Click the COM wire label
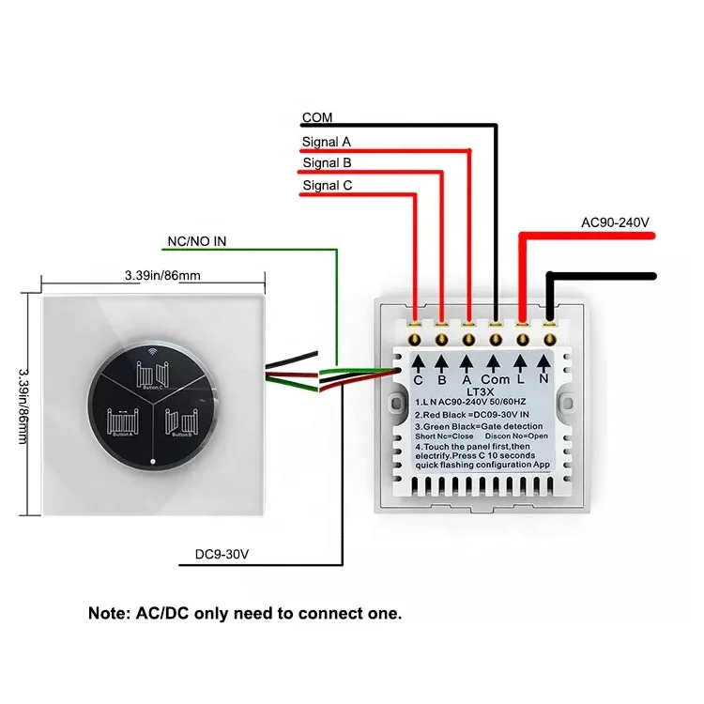(x=316, y=118)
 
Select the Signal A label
(x=327, y=143)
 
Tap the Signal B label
(x=327, y=163)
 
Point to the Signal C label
(x=327, y=186)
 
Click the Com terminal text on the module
(x=494, y=381)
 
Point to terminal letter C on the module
(x=418, y=381)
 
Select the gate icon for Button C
(x=151, y=374)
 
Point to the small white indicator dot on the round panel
(x=152, y=462)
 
